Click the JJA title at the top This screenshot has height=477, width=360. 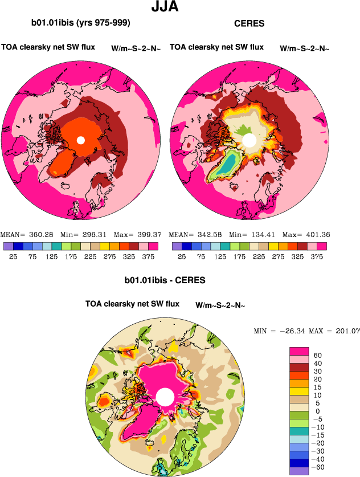[166, 7]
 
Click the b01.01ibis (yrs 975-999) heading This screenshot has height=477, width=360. [81, 23]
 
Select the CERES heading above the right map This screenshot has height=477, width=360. [249, 23]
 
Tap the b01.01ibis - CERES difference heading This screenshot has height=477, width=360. [165, 280]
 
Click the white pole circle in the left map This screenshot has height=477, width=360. [81, 140]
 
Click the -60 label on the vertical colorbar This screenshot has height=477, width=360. [320, 467]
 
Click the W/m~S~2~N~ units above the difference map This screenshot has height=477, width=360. [220, 305]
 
